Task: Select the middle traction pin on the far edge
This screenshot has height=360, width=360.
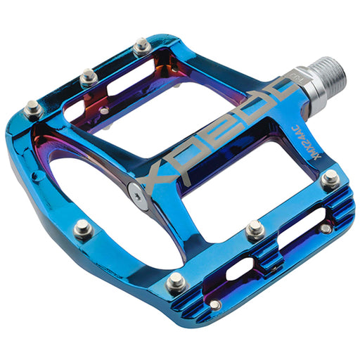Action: (88, 75)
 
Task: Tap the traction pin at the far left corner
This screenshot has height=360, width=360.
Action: (32, 108)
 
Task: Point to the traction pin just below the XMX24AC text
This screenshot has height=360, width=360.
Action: (329, 179)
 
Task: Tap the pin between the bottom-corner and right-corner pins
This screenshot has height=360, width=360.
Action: (255, 230)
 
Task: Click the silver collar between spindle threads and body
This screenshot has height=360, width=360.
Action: (300, 91)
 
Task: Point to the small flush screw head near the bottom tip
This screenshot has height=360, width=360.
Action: (214, 304)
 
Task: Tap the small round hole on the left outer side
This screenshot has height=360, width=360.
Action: (104, 110)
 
